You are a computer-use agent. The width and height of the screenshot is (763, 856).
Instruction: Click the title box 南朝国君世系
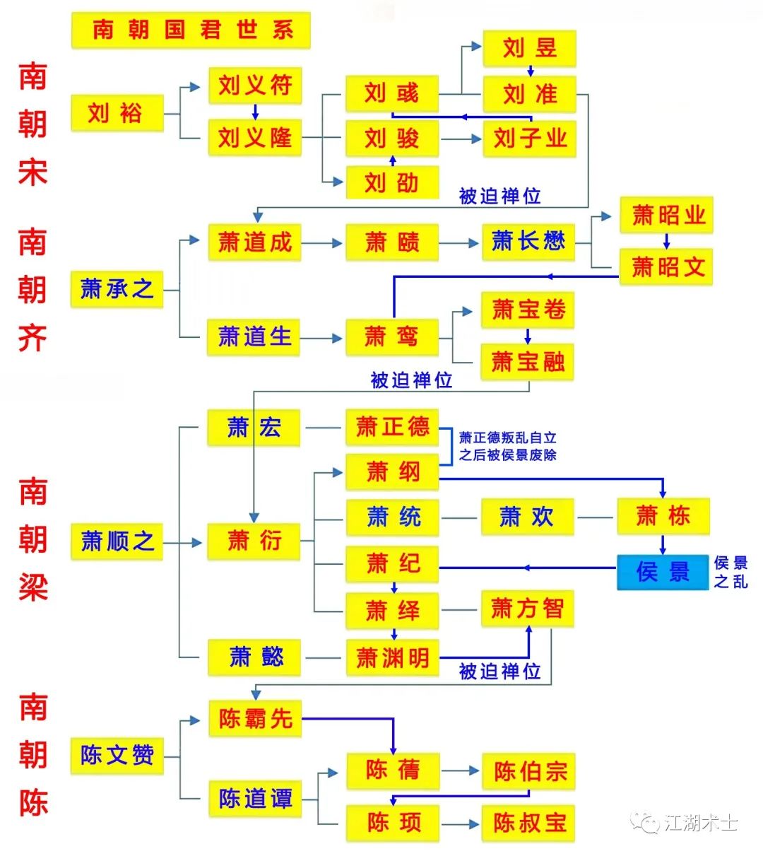click(191, 30)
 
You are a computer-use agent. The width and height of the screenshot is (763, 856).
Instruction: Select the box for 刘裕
click(117, 113)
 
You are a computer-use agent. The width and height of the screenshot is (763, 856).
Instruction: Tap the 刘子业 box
click(529, 139)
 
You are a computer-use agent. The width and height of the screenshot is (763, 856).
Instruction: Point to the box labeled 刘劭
click(392, 183)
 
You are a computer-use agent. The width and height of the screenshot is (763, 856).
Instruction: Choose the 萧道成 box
click(254, 242)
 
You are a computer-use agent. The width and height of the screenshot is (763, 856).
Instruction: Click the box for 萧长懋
click(528, 242)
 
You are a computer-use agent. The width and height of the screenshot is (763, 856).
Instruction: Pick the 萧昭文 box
click(666, 267)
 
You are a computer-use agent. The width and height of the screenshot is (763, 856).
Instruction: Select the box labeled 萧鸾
click(392, 337)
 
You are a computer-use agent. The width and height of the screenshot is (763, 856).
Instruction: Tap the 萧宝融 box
click(527, 363)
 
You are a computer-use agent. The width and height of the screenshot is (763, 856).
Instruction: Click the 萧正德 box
click(392, 427)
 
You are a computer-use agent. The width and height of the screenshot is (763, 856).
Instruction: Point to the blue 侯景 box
click(662, 572)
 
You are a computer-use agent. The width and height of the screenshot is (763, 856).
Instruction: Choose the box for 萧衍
click(254, 541)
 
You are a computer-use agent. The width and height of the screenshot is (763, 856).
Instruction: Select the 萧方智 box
click(527, 609)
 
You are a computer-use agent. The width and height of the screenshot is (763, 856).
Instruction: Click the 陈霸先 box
click(254, 719)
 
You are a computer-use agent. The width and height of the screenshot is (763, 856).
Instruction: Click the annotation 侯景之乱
click(731, 572)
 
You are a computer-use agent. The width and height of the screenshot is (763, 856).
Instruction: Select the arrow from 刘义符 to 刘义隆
click(255, 112)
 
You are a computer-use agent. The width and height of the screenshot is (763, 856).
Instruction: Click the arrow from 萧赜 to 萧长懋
click(460, 243)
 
